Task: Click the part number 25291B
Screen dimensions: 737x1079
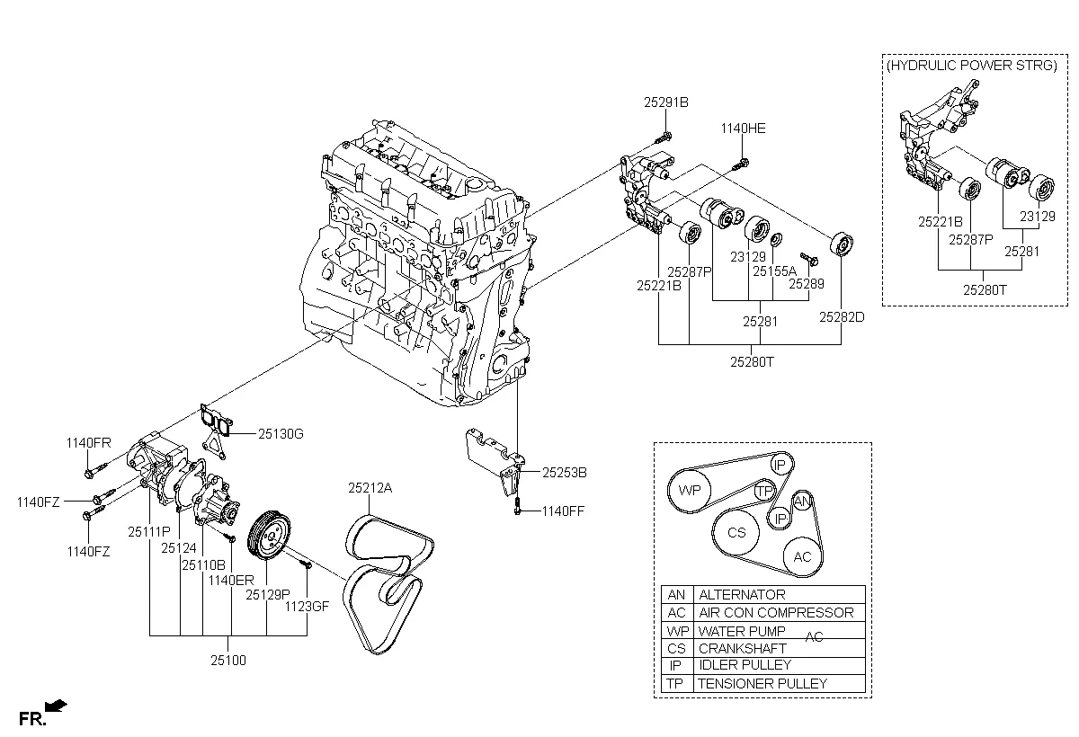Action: click(x=665, y=102)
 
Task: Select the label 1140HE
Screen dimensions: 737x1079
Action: click(x=743, y=129)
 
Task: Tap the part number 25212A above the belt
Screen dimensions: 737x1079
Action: click(x=371, y=489)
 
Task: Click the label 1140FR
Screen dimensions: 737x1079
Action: click(x=88, y=443)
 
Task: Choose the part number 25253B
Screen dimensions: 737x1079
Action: click(x=564, y=472)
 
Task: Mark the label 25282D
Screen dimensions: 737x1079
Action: click(x=841, y=316)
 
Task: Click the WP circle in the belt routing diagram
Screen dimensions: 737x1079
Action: click(x=690, y=491)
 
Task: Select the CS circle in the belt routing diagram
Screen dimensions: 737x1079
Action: click(x=736, y=533)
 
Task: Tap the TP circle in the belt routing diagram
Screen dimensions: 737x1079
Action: click(x=763, y=491)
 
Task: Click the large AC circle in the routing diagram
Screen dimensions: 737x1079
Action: click(x=802, y=557)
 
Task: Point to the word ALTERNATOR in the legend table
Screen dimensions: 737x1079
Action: click(x=741, y=595)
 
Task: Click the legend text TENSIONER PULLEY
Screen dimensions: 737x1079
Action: click(x=762, y=683)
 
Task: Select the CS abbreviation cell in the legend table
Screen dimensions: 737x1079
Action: click(x=675, y=648)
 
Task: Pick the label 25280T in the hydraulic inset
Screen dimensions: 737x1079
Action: click(x=985, y=289)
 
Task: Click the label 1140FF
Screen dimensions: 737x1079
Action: click(x=563, y=511)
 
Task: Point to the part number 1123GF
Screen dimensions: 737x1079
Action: click(x=308, y=607)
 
